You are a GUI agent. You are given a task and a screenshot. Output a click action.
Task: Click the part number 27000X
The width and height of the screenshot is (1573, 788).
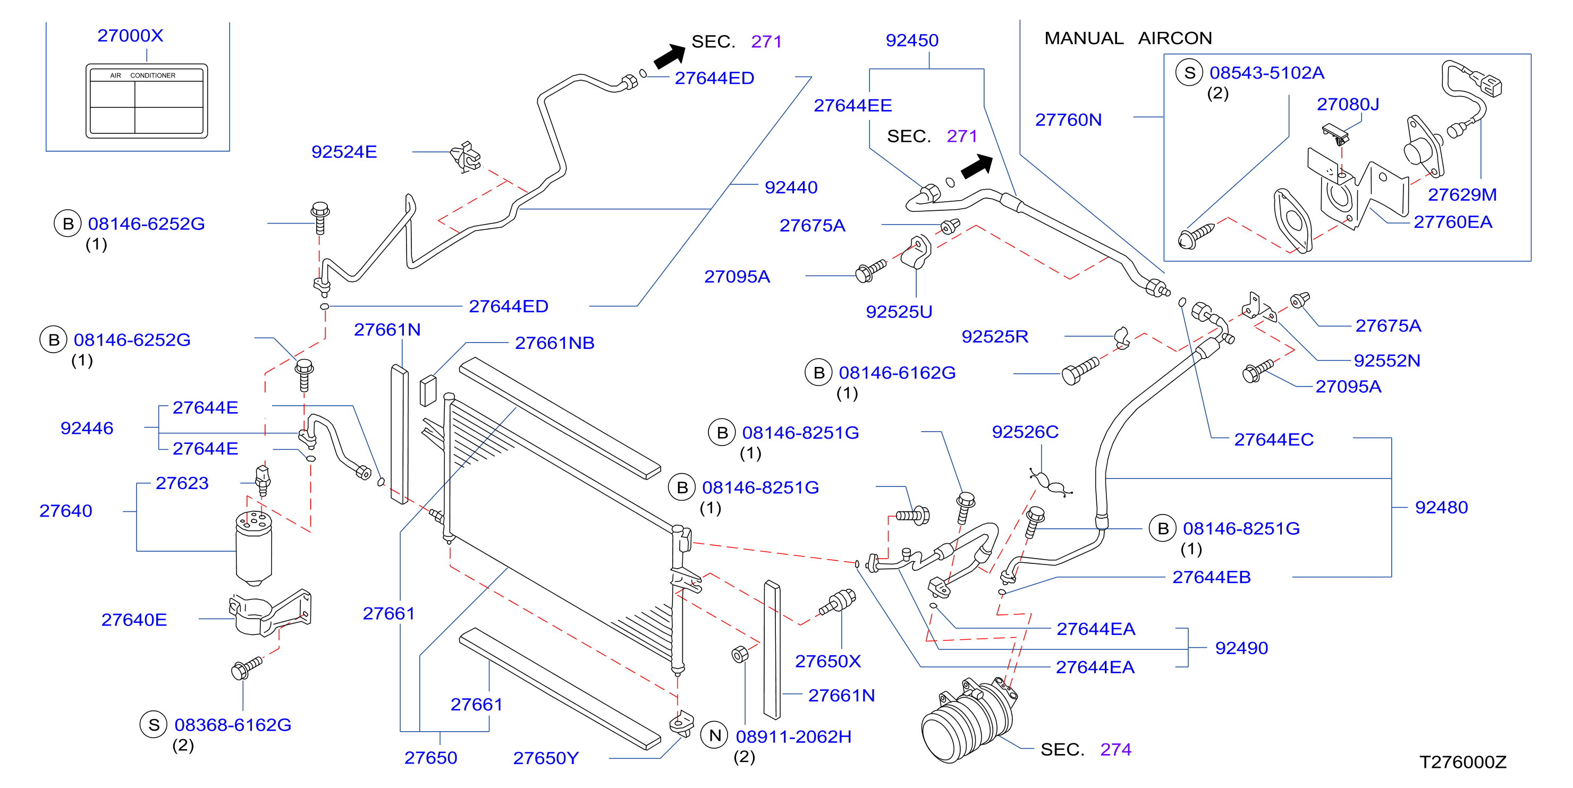(130, 36)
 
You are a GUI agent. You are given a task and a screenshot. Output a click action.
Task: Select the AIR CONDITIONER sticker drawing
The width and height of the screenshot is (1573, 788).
(147, 101)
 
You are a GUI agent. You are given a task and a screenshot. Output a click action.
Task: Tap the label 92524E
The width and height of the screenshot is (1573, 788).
(344, 152)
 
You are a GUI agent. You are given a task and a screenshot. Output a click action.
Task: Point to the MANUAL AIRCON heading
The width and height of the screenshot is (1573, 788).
(1128, 38)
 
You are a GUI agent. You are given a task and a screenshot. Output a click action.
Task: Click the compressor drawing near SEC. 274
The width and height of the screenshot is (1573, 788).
(968, 720)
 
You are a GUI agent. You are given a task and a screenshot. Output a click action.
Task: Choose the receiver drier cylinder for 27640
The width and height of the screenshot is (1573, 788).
(253, 548)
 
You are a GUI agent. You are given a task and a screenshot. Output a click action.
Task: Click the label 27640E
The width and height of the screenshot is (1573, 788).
(134, 620)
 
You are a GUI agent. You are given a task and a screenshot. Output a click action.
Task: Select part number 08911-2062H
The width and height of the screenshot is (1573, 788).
(793, 736)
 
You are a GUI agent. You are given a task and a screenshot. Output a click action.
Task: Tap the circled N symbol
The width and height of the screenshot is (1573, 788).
(715, 736)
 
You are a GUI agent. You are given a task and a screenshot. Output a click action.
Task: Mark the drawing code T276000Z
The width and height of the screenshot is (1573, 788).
(1462, 763)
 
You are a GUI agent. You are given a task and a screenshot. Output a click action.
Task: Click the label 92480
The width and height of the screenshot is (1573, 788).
(1441, 507)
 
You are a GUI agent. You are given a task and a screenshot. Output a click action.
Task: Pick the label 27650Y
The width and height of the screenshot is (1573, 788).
(545, 758)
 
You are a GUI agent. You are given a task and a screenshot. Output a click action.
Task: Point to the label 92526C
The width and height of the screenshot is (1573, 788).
(1025, 432)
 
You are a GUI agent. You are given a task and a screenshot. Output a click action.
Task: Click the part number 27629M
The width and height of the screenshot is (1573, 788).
(1462, 195)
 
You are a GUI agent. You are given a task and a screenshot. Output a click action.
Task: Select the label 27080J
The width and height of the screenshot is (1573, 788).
(1348, 105)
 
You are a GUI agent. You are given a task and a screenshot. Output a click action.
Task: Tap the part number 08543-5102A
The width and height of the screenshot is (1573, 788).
(1266, 73)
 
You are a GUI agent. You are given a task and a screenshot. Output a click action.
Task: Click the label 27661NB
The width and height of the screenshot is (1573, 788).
(554, 343)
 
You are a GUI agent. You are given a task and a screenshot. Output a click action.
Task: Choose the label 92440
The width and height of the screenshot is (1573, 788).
(791, 187)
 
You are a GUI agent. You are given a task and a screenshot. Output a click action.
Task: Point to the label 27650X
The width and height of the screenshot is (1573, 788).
(827, 662)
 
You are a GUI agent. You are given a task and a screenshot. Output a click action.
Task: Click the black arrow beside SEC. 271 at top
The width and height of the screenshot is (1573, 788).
(669, 56)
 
